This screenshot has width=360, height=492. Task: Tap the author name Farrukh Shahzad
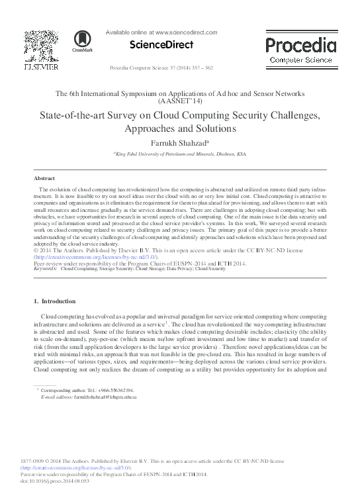(x=178, y=141)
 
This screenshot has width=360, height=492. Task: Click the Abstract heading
(x=45, y=179)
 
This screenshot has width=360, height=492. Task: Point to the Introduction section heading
(x=58, y=301)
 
